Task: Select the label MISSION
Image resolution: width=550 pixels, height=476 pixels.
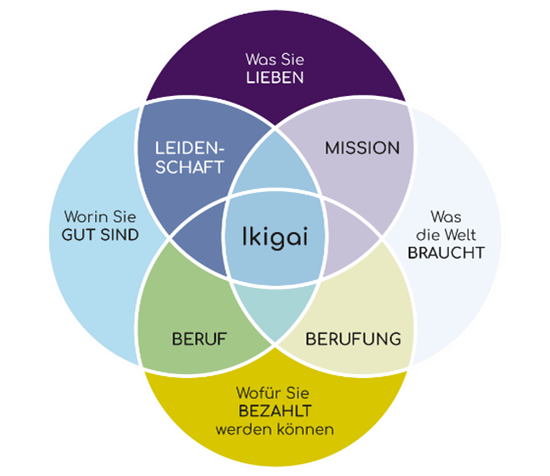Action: click(x=362, y=148)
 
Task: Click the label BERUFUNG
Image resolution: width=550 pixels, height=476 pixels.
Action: click(x=353, y=340)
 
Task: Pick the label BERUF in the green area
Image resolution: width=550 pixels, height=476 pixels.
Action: click(x=201, y=340)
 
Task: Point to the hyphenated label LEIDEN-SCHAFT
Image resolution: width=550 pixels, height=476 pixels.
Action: click(x=190, y=157)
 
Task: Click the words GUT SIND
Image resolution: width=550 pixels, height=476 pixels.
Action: click(x=99, y=235)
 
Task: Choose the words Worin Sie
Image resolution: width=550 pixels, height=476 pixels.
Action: click(x=99, y=216)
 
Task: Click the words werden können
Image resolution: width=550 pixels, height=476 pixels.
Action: click(x=275, y=430)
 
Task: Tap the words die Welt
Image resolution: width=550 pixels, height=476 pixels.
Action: click(x=447, y=233)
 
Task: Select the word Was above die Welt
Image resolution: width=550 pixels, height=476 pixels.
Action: click(x=447, y=215)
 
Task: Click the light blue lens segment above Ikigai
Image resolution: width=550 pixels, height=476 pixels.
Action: click(x=275, y=181)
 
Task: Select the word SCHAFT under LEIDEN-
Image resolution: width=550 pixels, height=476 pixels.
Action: click(x=190, y=167)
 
